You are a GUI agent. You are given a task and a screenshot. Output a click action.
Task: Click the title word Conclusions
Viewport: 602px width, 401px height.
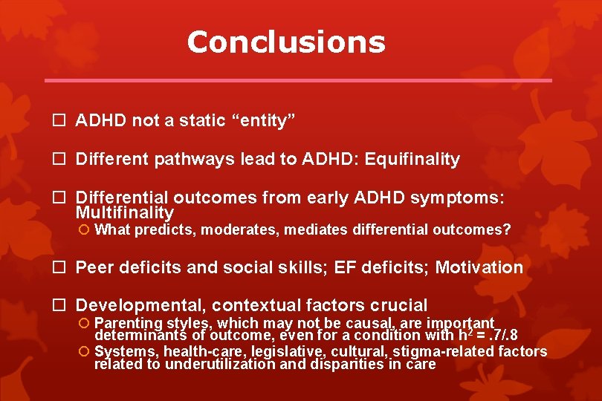pos(286,42)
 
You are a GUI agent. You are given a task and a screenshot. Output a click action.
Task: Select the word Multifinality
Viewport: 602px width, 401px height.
pos(125,213)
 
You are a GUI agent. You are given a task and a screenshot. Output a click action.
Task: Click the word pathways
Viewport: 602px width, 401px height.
pos(185,160)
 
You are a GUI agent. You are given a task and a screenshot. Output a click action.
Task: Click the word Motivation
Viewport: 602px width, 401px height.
pos(479,267)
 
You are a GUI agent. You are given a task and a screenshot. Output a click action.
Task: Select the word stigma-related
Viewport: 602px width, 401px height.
pos(411,351)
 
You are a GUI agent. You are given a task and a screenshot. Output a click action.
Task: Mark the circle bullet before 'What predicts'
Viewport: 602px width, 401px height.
pos(85,230)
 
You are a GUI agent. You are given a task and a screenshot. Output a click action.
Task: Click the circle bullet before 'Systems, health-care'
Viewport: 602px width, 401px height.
pos(85,351)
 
